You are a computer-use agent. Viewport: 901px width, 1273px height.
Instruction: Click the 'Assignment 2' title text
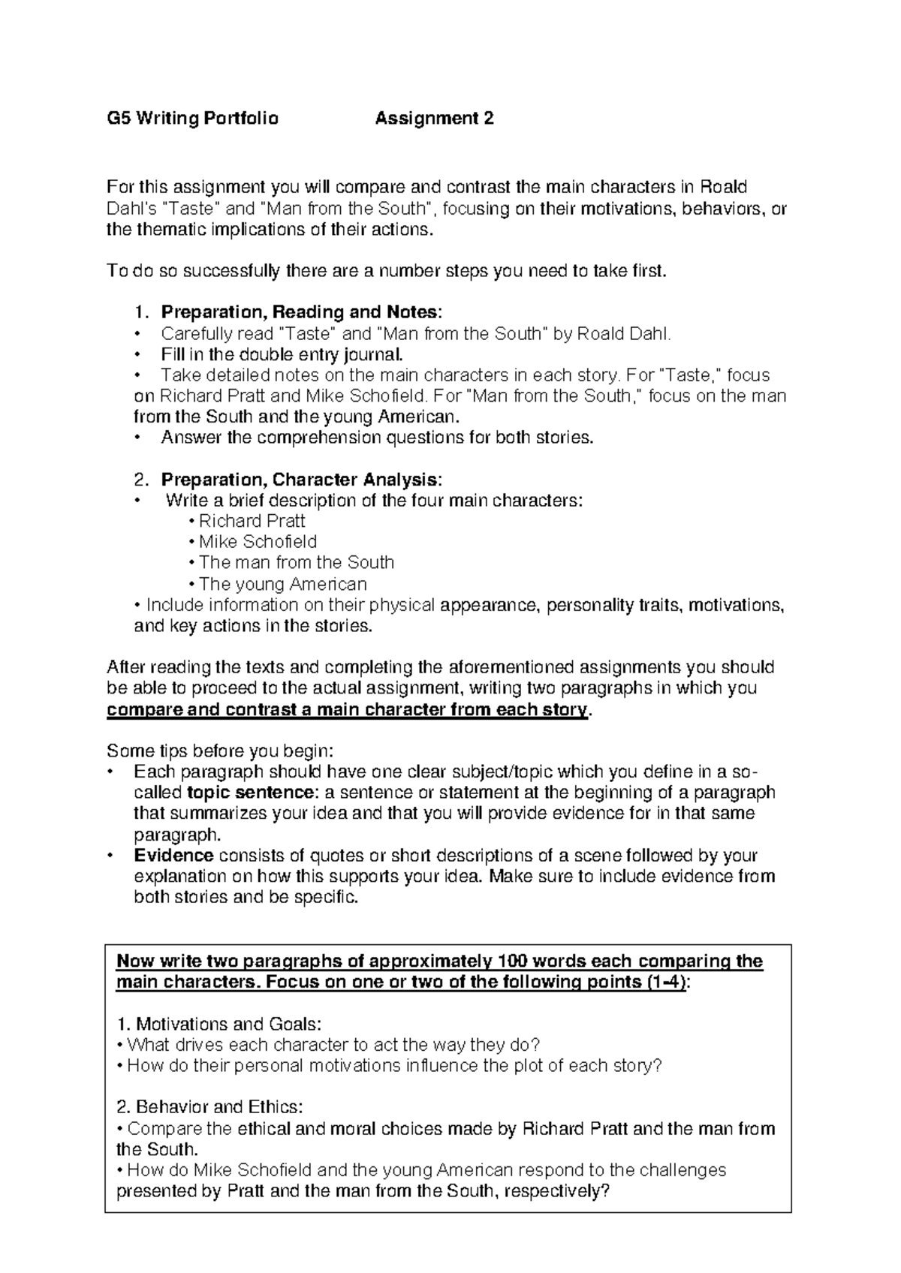pos(434,119)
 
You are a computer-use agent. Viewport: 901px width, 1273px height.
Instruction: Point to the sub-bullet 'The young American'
pos(282,584)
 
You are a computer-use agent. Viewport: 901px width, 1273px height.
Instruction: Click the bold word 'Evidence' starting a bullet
pos(173,856)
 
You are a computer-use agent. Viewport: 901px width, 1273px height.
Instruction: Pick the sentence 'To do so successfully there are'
pos(387,271)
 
